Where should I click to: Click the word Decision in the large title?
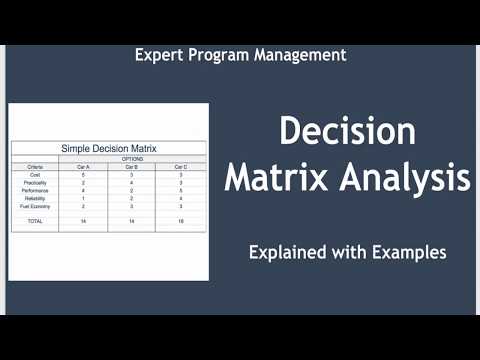coord(347,132)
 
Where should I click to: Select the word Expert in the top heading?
coord(159,55)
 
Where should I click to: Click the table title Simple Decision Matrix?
coord(108,148)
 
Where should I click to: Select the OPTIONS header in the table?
coord(132,158)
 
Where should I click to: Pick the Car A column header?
coord(83,166)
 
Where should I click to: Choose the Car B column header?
coord(132,166)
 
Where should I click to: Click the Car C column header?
coord(180,166)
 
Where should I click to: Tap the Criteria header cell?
coord(35,166)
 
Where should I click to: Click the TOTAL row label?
coord(35,220)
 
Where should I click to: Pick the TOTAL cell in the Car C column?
coord(180,220)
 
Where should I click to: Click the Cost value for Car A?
coord(83,174)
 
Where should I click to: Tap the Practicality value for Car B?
coord(132,182)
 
